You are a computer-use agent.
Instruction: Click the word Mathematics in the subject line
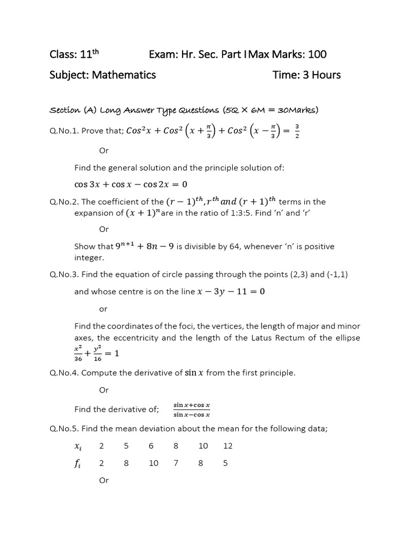click(124, 75)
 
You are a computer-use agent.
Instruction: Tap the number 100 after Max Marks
click(316, 54)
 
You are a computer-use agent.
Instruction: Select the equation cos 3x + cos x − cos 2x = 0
click(131, 184)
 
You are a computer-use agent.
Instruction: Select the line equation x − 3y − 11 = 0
click(224, 292)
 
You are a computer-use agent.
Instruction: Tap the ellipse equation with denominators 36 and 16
click(96, 354)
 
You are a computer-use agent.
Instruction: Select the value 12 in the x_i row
click(228, 446)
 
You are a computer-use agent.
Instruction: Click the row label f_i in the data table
click(77, 463)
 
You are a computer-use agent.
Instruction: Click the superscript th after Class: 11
click(96, 51)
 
